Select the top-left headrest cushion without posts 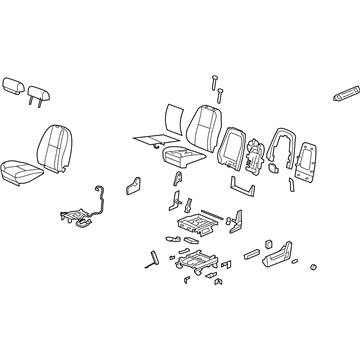click(14, 85)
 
